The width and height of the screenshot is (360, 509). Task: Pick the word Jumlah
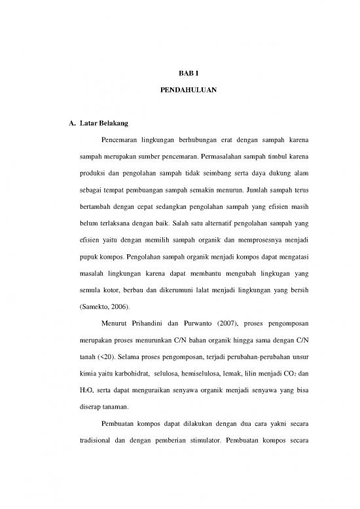(257, 193)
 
